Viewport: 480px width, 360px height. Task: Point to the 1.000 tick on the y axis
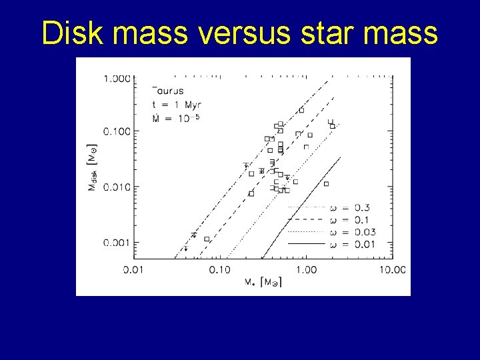(117, 79)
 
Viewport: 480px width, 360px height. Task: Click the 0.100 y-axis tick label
(117, 131)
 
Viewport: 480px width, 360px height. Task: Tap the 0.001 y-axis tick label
(117, 242)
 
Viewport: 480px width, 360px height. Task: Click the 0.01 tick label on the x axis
(134, 269)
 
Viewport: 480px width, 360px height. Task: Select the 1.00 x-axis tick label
(306, 269)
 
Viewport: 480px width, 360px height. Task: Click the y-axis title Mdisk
(93, 166)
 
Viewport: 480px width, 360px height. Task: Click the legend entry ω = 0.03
(353, 232)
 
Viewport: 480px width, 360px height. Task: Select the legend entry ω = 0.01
(353, 244)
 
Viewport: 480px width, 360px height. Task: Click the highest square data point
(301, 110)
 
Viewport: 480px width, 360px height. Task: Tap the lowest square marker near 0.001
(207, 239)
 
